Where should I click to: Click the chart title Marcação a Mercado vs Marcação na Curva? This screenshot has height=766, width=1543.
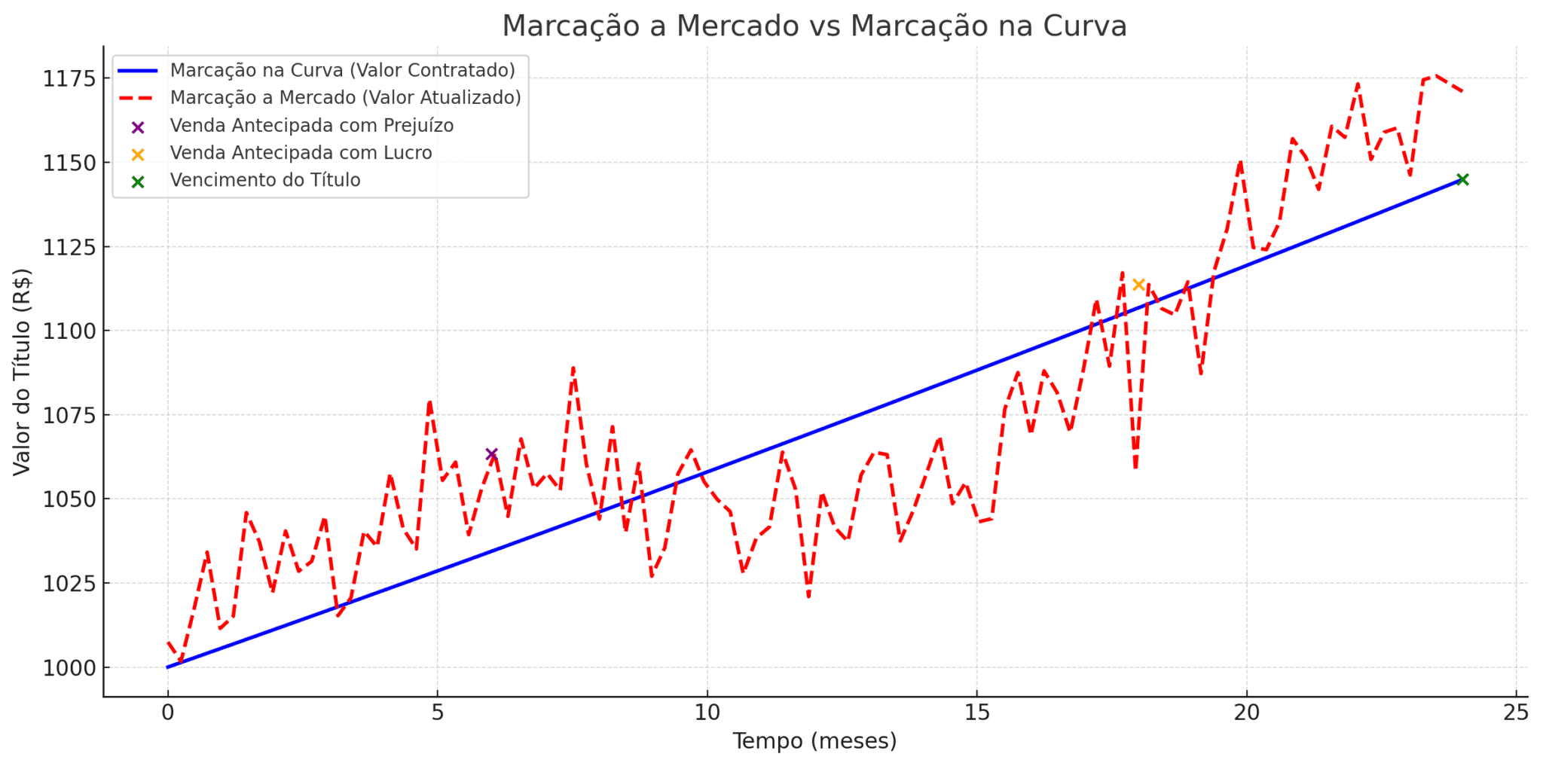[814, 26]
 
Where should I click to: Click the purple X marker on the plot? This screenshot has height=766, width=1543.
[492, 454]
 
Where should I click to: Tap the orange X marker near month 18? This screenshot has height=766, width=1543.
[1138, 285]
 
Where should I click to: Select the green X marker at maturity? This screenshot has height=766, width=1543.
[1462, 179]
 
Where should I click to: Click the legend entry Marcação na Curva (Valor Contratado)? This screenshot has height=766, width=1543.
[342, 70]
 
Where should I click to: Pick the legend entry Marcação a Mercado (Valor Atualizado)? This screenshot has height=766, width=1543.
[345, 98]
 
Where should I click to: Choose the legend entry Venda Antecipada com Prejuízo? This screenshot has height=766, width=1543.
[311, 126]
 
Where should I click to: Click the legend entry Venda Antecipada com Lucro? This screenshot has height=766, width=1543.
[301, 153]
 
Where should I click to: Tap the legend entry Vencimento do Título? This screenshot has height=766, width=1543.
[265, 181]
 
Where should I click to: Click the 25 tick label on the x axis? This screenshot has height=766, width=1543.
[1516, 713]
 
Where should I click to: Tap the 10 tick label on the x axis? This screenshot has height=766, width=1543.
[707, 713]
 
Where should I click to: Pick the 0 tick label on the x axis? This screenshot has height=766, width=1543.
[168, 713]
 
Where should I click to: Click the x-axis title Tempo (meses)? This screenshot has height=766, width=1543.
[814, 741]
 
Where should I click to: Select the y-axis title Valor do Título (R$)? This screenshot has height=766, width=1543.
[22, 372]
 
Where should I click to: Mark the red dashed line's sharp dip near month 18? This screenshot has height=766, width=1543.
[1135, 468]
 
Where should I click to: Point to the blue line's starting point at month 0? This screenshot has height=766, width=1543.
[168, 667]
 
